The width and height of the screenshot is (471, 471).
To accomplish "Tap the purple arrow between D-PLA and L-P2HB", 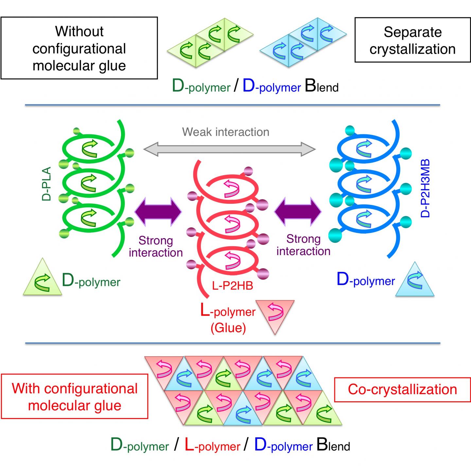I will click(x=158, y=212).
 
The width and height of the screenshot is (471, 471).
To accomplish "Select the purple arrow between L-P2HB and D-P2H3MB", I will click(x=298, y=212).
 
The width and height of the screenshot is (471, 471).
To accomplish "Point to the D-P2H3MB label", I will click(x=425, y=188).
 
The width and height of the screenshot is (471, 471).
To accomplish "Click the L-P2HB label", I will click(x=233, y=286).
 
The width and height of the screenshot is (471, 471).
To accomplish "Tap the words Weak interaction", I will click(x=226, y=132).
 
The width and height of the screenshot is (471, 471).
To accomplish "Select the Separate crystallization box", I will click(x=412, y=40).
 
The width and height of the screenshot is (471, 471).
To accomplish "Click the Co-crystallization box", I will click(x=402, y=389).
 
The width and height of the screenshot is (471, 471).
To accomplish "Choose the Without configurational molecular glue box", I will click(x=79, y=48).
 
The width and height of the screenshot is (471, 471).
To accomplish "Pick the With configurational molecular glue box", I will click(x=75, y=396).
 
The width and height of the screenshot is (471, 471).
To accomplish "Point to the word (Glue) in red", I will click(x=228, y=327).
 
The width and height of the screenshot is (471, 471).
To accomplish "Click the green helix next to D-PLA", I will click(x=92, y=186).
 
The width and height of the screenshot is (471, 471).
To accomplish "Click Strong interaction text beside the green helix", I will click(x=156, y=247).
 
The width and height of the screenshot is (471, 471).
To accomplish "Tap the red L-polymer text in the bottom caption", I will click(x=213, y=446).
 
